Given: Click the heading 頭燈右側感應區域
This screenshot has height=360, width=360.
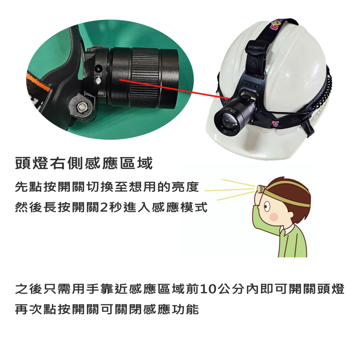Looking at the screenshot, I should [x=84, y=164].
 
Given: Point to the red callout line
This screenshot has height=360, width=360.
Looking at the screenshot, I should [x=173, y=88].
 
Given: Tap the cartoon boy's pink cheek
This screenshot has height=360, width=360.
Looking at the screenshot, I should [x=274, y=217].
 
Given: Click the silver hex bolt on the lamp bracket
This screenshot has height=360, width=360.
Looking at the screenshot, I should [x=82, y=107].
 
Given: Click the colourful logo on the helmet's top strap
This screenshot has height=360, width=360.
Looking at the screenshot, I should [x=276, y=26].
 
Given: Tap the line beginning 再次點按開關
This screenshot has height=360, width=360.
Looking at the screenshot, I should [x=107, y=309].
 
